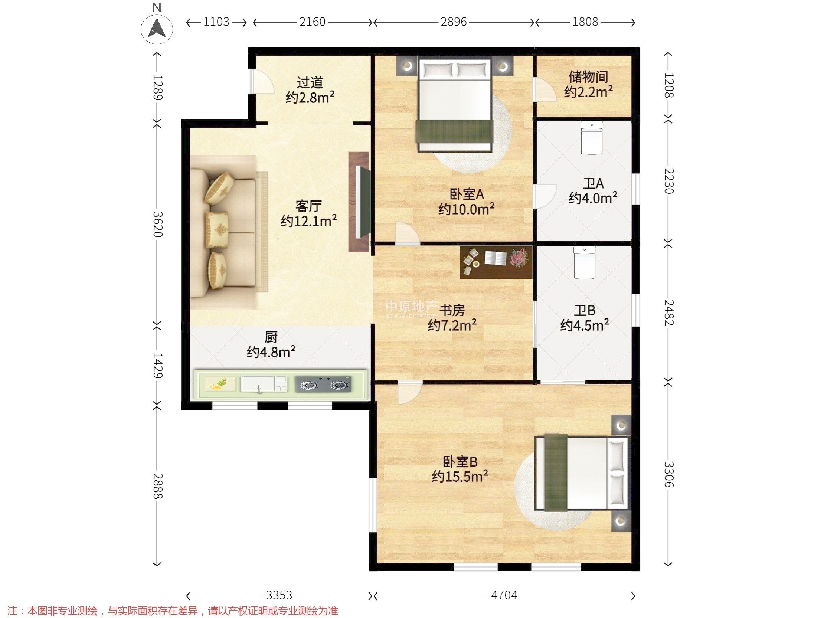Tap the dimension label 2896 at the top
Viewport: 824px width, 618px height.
453,22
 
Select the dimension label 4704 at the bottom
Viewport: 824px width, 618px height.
504,595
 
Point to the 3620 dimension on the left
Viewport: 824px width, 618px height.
158,224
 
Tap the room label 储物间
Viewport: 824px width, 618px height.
588,77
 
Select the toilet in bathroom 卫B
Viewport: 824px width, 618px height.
585,262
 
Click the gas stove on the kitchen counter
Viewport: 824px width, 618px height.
323,384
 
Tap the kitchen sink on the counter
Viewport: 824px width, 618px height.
264,384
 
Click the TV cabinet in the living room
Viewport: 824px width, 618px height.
359,202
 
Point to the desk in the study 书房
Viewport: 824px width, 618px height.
496,262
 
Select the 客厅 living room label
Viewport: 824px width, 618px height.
308,206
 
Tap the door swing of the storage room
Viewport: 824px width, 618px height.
545,89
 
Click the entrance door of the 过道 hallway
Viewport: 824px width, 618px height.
262,81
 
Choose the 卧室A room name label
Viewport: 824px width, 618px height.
467,194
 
